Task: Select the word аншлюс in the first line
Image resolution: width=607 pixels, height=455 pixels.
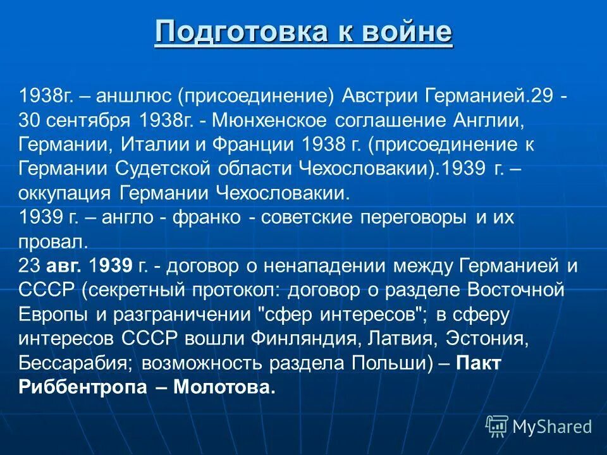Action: tap(133, 96)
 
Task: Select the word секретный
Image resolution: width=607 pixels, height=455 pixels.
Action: tap(130, 289)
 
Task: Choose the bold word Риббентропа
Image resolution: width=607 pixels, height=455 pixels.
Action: tap(82, 387)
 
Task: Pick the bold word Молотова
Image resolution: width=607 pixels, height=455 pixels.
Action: tap(226, 387)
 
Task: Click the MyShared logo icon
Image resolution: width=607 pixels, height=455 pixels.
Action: tap(497, 427)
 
